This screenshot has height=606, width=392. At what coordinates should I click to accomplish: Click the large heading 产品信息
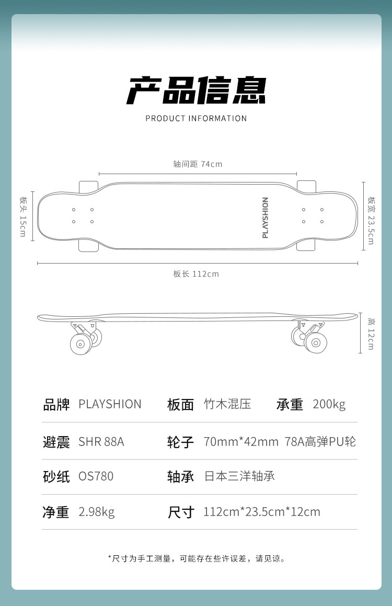[x=196, y=90]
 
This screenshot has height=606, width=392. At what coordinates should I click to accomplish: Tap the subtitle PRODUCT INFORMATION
[x=196, y=118]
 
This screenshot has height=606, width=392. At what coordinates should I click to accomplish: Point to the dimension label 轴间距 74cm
[x=198, y=164]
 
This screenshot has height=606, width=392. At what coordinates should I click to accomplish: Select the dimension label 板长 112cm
[x=196, y=274]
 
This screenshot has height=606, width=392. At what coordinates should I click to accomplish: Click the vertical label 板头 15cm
[x=22, y=216]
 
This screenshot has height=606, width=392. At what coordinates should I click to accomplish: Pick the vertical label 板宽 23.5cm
[x=371, y=220]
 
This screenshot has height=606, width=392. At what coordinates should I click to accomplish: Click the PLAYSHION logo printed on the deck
[x=265, y=218]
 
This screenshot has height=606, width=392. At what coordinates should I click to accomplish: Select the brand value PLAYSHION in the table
[x=110, y=404]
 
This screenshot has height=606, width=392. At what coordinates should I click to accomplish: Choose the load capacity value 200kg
[x=329, y=404]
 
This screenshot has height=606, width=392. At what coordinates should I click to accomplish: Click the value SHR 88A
[x=101, y=442]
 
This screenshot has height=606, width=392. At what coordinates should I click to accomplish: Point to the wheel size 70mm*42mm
[x=241, y=442]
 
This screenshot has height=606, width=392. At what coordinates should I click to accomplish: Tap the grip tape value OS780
[x=96, y=476]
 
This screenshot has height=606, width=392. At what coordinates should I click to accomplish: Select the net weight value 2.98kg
[x=97, y=512]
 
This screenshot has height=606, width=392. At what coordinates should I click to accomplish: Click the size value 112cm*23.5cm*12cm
[x=262, y=512]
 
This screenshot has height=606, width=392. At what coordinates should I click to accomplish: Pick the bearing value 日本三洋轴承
[x=239, y=476]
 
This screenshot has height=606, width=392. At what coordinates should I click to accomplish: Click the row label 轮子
[x=180, y=442]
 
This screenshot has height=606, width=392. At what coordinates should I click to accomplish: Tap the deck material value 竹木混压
[x=227, y=404]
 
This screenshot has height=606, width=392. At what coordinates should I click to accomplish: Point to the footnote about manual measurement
[x=196, y=558]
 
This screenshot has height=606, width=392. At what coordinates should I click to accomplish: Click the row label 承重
[x=290, y=404]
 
